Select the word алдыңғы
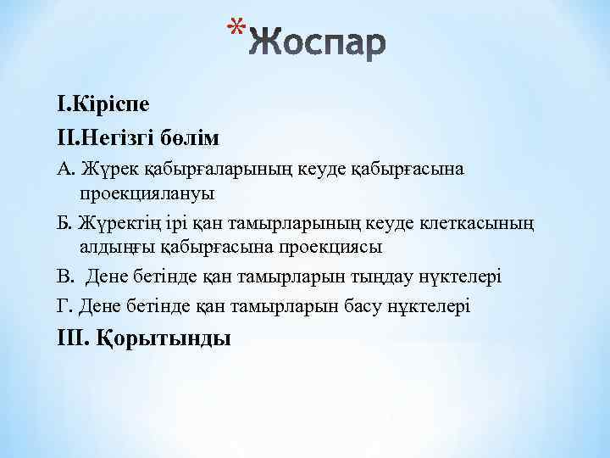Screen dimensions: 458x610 [114, 247]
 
